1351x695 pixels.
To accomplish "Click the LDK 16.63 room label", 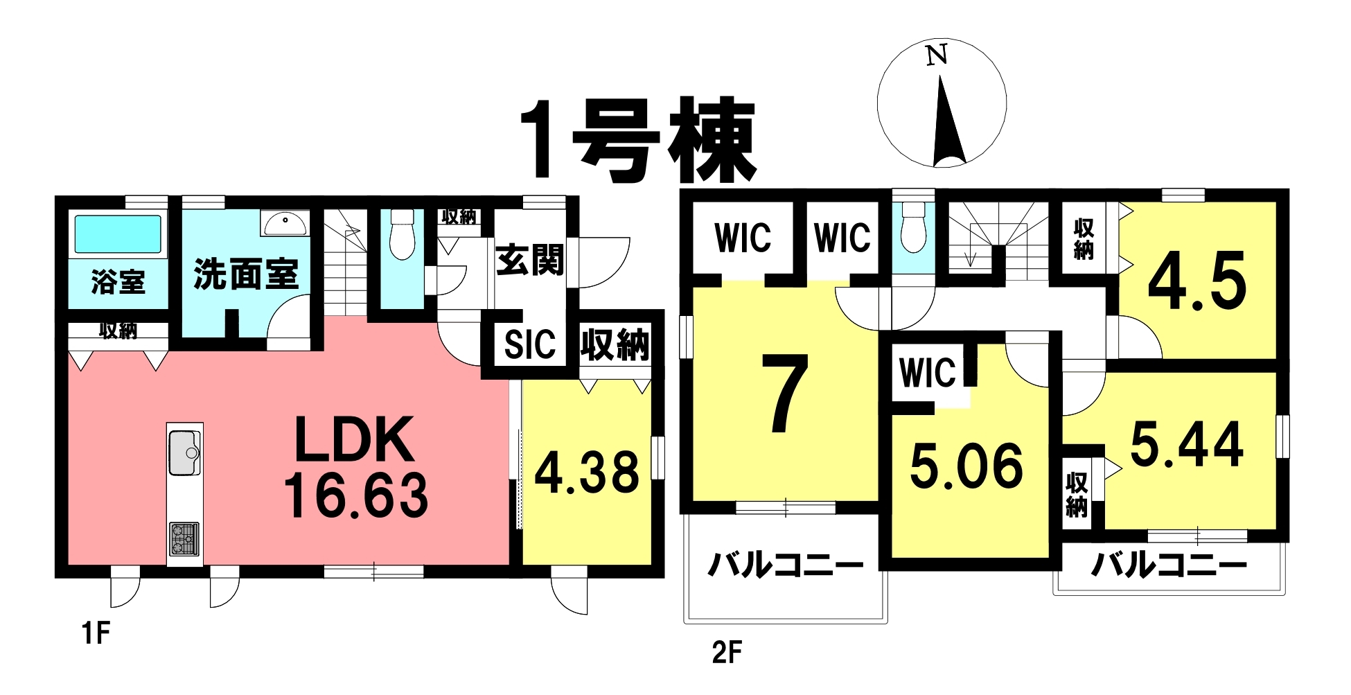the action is [356, 468].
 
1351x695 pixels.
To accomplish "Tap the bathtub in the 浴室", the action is [118, 234].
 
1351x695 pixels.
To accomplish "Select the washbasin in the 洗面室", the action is [283, 223].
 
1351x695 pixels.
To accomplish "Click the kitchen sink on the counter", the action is [184, 452].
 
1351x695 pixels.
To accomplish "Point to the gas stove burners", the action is [184, 539].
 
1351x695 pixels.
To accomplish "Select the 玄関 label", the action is [530, 261].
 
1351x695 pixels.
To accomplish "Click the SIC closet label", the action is [530, 344].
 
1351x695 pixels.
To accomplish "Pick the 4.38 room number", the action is [587, 473].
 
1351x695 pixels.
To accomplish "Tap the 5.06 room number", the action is [966, 465].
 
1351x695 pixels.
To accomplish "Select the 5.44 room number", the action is [1187, 444].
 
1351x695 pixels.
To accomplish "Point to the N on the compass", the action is [937, 55].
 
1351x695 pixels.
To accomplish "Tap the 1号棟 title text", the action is [637, 140].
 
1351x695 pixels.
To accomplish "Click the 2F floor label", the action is [727, 652].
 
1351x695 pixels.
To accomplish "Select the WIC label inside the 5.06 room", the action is [927, 372].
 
